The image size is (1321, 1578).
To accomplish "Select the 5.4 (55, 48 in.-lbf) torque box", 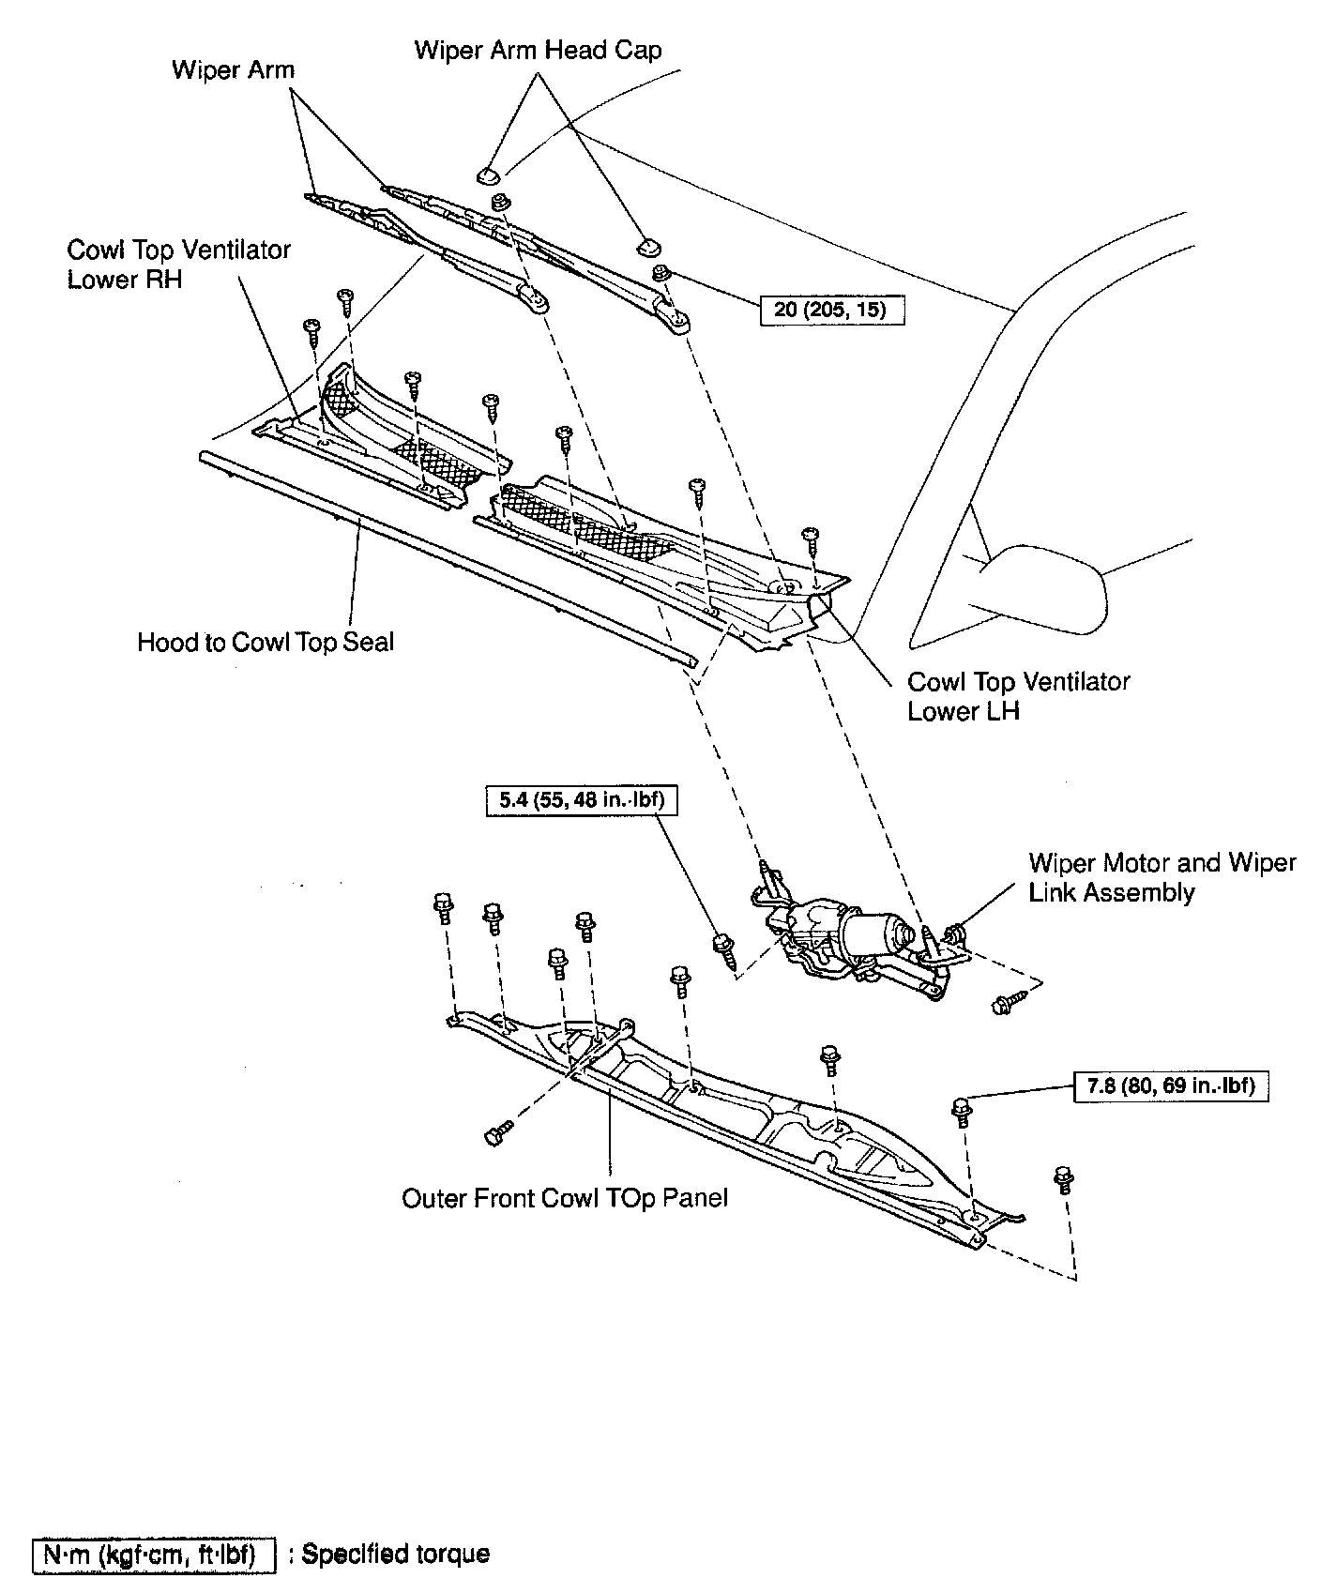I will [x=582, y=801].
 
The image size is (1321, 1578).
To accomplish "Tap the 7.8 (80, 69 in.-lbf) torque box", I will [x=1170, y=1086].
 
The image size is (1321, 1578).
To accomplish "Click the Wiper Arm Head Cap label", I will [x=538, y=50].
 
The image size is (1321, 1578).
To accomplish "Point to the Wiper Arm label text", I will [x=233, y=70].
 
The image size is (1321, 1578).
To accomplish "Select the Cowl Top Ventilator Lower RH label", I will [x=178, y=265].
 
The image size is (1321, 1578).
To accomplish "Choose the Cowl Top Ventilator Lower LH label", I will [x=1018, y=696].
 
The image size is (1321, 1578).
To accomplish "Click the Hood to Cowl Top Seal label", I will [x=266, y=643].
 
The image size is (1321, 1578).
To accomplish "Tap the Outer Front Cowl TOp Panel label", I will [x=565, y=1198].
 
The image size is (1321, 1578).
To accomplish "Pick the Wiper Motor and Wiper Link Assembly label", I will [x=1162, y=877].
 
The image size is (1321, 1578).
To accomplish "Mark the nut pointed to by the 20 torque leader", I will [x=660, y=275].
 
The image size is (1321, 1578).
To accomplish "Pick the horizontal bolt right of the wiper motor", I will [x=1002, y=1007].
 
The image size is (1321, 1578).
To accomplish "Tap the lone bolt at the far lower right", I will [x=1064, y=1179].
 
